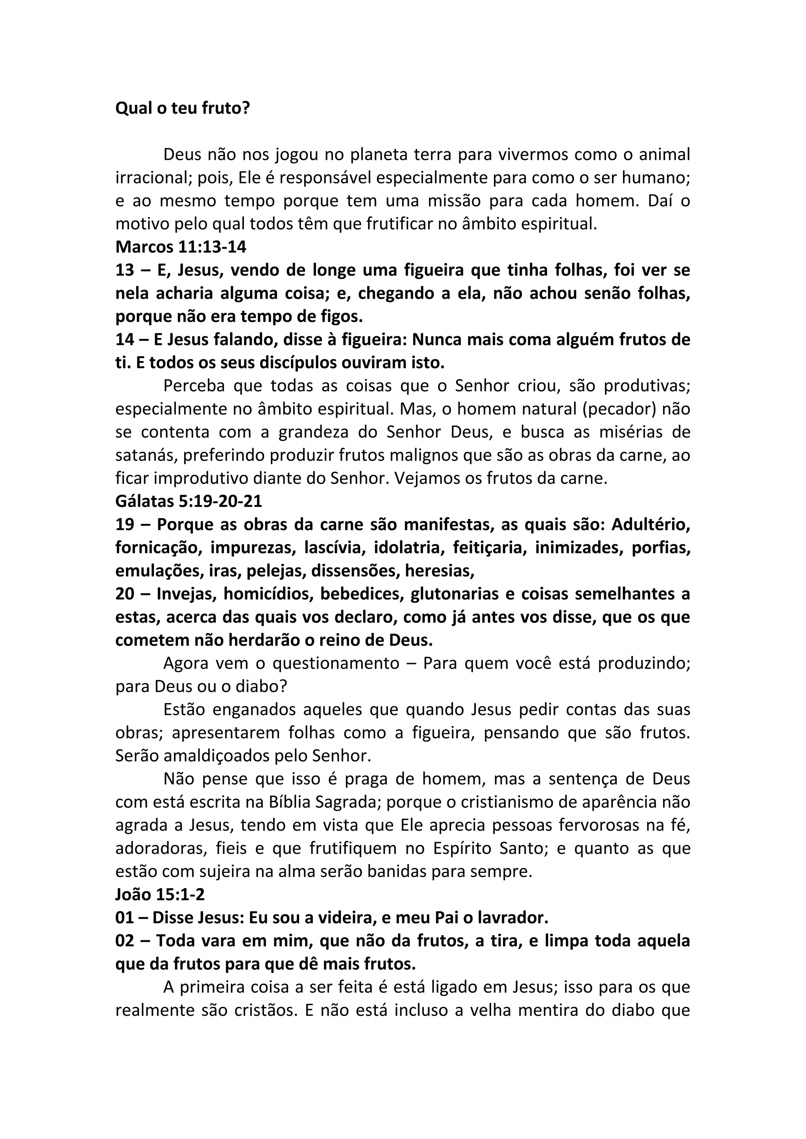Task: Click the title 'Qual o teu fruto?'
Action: (183, 108)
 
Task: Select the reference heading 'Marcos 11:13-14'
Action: (181, 247)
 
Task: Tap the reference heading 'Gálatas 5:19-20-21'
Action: (189, 501)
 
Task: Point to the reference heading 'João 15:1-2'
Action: (160, 894)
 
